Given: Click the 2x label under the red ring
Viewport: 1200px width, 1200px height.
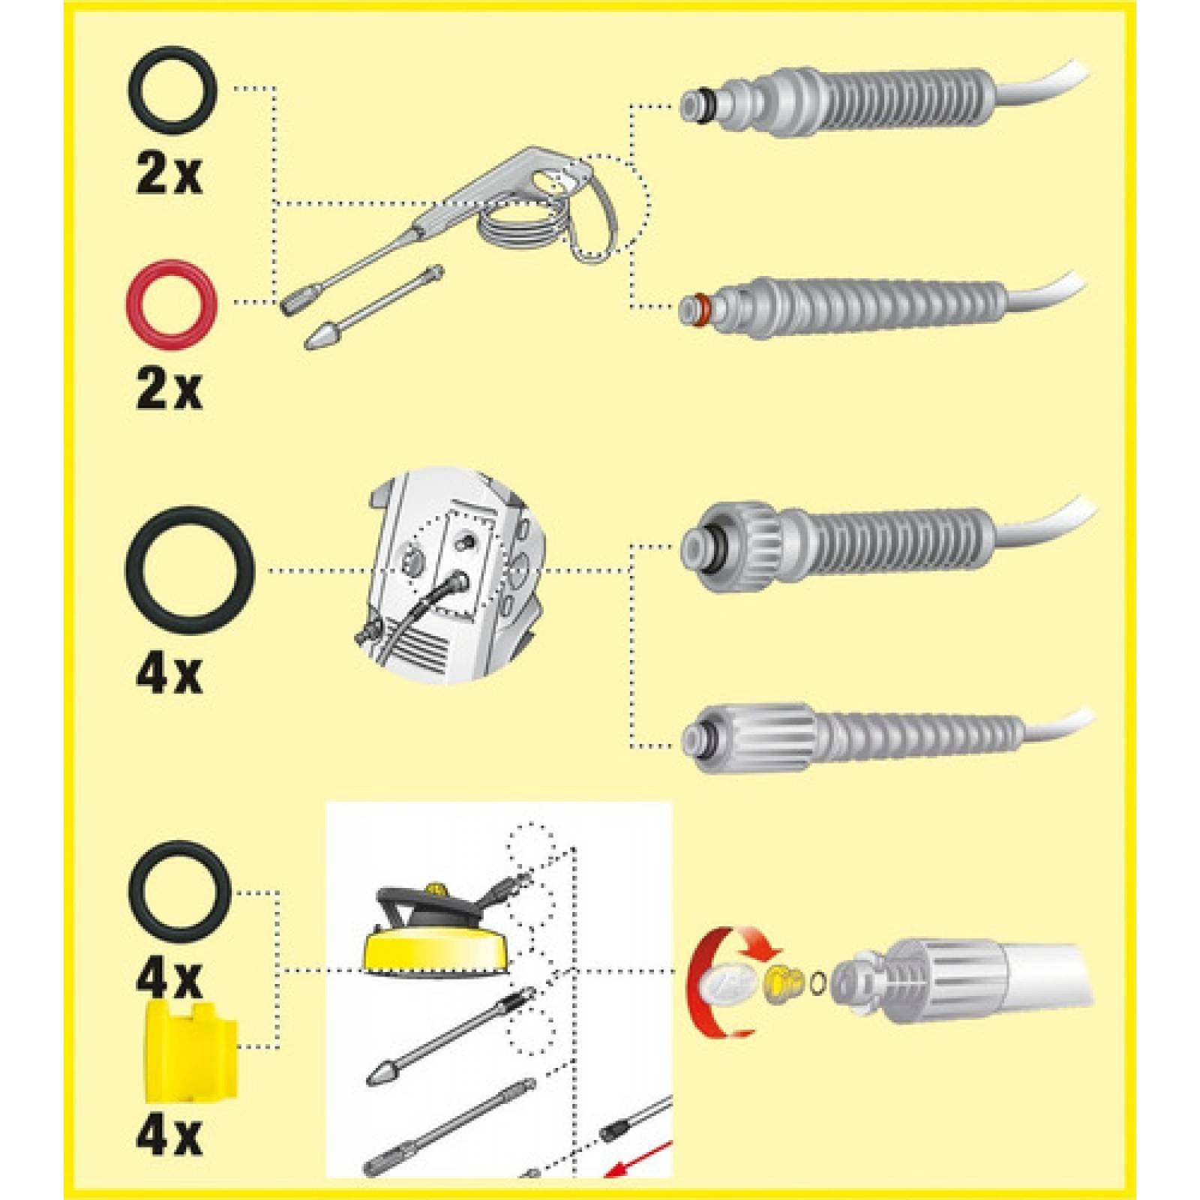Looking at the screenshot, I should tap(169, 391).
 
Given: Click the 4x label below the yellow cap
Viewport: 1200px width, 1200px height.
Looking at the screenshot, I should tap(169, 1156).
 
